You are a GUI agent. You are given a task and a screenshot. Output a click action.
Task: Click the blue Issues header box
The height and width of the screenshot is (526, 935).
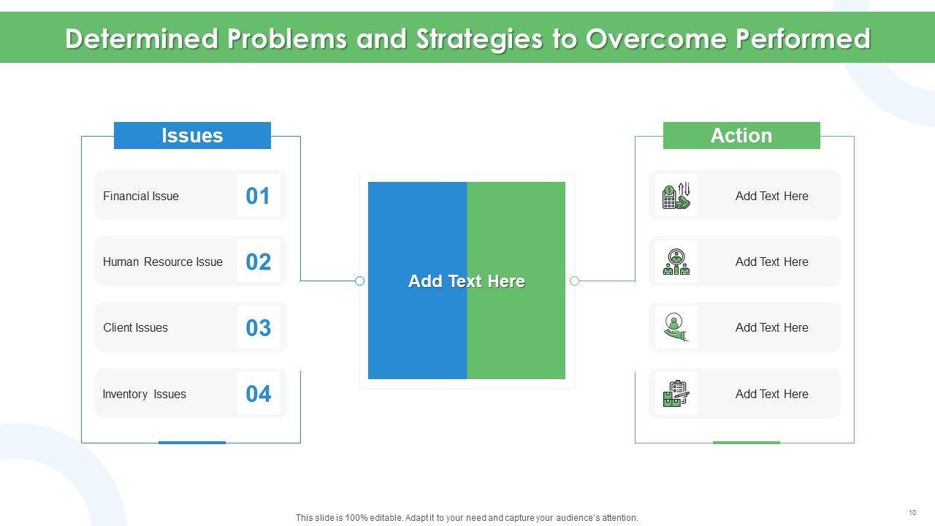pos(192,135)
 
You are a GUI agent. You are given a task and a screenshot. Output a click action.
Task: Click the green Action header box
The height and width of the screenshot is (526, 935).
pos(741,135)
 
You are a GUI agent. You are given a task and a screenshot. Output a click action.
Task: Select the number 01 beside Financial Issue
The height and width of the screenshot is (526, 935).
pos(258,196)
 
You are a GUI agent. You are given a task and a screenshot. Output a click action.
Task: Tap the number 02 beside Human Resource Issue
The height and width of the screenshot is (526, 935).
pos(259,262)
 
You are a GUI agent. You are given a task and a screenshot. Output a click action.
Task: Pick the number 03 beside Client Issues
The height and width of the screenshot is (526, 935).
pos(259,328)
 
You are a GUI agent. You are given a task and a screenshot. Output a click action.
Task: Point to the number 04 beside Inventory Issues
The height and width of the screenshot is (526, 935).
pos(259,394)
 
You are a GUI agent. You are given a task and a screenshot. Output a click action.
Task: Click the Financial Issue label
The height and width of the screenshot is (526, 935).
pos(141,196)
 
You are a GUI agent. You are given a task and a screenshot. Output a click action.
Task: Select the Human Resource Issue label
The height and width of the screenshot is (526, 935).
pos(163,262)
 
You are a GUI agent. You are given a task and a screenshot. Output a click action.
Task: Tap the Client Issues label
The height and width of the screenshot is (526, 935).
pos(135,328)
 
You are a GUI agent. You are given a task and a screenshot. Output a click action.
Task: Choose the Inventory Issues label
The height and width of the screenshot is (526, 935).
pos(144,394)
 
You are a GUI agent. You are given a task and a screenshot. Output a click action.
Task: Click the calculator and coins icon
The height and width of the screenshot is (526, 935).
pos(676,195)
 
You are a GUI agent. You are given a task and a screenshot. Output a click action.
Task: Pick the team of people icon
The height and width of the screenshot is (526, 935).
pos(676,262)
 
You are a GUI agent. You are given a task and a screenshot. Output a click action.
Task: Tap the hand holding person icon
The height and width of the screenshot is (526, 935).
pos(675,327)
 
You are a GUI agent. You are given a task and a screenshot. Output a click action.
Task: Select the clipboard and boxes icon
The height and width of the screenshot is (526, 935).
pos(676,393)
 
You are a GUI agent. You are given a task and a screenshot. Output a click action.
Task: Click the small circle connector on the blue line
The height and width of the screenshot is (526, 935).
pos(359,281)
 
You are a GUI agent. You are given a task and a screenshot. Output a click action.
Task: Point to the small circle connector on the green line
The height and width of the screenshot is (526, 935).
pos(574,281)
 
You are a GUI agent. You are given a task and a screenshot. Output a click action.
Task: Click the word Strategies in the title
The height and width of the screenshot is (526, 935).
pos(480,39)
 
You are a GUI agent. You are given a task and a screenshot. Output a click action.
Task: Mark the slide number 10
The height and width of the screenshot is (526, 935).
pos(912,513)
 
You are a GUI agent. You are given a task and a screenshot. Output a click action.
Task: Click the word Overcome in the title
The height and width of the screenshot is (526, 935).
pos(656,39)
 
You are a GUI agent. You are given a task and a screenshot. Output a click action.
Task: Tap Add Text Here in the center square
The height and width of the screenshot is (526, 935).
pos(467,281)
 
